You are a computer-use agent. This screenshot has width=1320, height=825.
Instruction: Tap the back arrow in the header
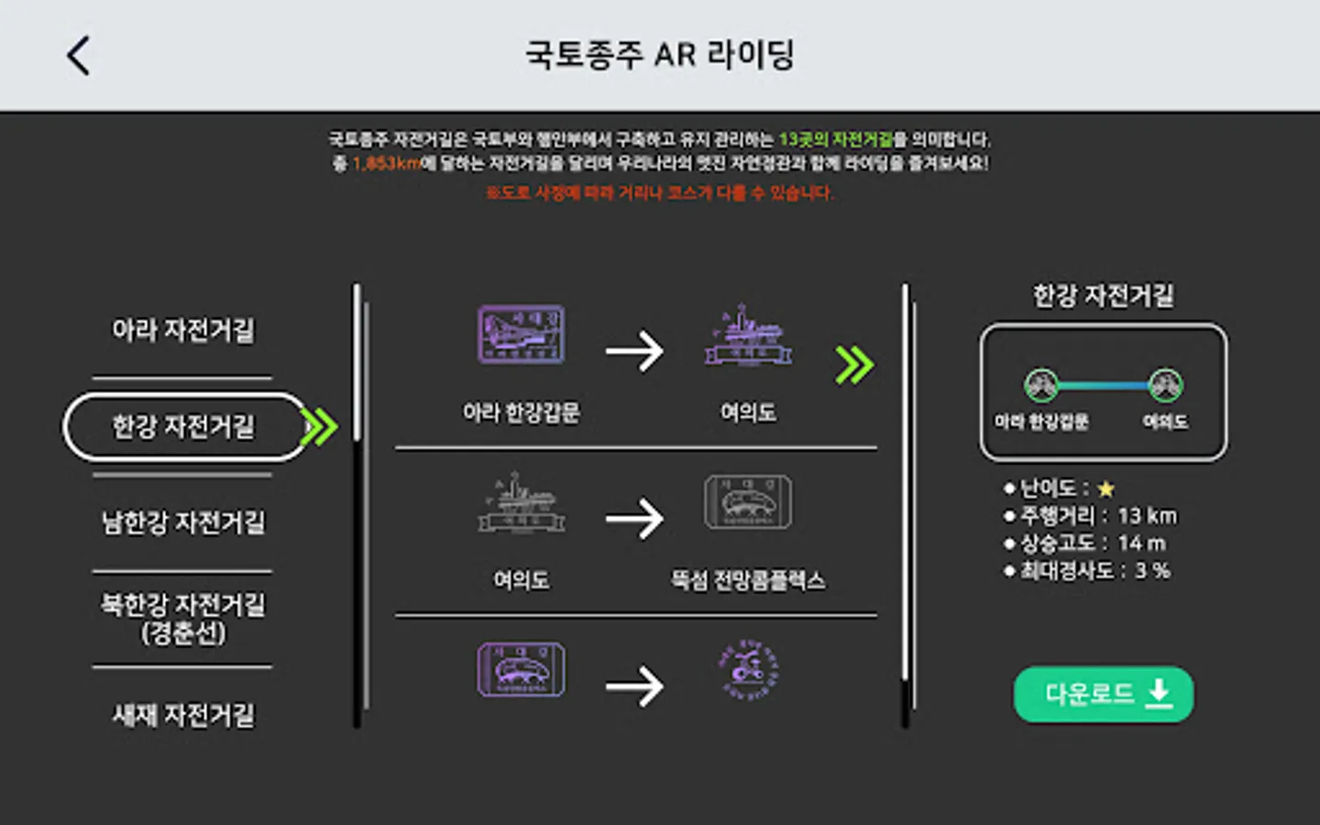[79, 55]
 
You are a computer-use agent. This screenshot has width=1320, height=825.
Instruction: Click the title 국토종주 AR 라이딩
[659, 55]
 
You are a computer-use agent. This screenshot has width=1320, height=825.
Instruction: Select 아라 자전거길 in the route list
[183, 330]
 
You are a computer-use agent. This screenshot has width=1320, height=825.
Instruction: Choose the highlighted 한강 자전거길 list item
[183, 426]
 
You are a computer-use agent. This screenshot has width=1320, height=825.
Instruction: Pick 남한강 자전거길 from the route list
[183, 522]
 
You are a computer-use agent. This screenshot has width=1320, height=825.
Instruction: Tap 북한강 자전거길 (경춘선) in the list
[183, 618]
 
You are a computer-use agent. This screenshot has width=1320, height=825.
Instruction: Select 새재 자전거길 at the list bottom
[183, 715]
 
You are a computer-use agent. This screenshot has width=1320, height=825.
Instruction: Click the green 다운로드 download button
[1104, 694]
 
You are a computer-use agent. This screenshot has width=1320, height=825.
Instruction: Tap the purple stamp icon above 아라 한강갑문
[521, 335]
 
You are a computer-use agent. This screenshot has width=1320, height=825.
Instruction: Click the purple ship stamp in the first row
[748, 335]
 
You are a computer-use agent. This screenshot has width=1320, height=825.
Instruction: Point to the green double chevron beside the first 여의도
[854, 366]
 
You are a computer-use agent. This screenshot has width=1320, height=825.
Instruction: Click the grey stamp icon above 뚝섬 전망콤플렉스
[748, 502]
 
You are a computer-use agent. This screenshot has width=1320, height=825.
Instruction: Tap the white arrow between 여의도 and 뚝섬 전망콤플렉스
[634, 519]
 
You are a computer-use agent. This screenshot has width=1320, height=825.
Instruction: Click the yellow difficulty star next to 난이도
[1106, 489]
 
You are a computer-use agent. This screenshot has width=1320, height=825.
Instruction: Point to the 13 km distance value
[1147, 516]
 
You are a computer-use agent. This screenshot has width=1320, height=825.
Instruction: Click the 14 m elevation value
[1141, 543]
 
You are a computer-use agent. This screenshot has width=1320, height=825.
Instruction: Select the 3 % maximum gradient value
[1152, 570]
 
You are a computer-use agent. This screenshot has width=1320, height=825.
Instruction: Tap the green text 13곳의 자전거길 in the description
[836, 139]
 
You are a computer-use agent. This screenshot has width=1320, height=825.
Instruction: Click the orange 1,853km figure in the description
[386, 163]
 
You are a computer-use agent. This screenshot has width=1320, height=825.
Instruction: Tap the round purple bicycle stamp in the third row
[748, 670]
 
